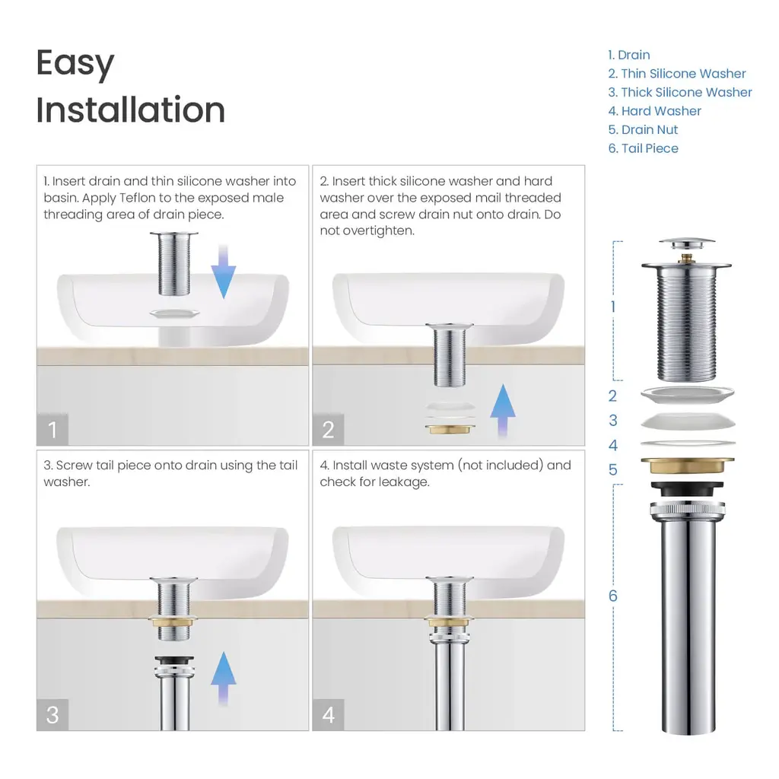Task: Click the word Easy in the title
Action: [x=75, y=64]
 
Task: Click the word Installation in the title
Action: [x=131, y=110]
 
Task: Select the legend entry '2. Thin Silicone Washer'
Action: [x=676, y=74]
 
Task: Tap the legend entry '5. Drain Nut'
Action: [x=643, y=129]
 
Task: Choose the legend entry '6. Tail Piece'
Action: [x=643, y=148]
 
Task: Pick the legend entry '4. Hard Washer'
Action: [x=654, y=111]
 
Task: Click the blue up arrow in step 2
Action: [x=503, y=411]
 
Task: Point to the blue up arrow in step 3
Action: [x=224, y=679]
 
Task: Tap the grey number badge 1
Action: [x=52, y=429]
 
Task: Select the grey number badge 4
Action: [x=328, y=714]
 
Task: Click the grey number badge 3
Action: [x=52, y=714]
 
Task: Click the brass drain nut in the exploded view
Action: [x=687, y=466]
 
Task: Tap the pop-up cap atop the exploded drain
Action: [x=687, y=245]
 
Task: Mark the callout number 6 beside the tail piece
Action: [x=612, y=596]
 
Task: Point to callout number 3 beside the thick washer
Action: [x=612, y=420]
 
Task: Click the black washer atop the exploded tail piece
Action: [x=687, y=489]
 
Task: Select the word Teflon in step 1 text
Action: [x=137, y=198]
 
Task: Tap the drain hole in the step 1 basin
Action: [x=174, y=313]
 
